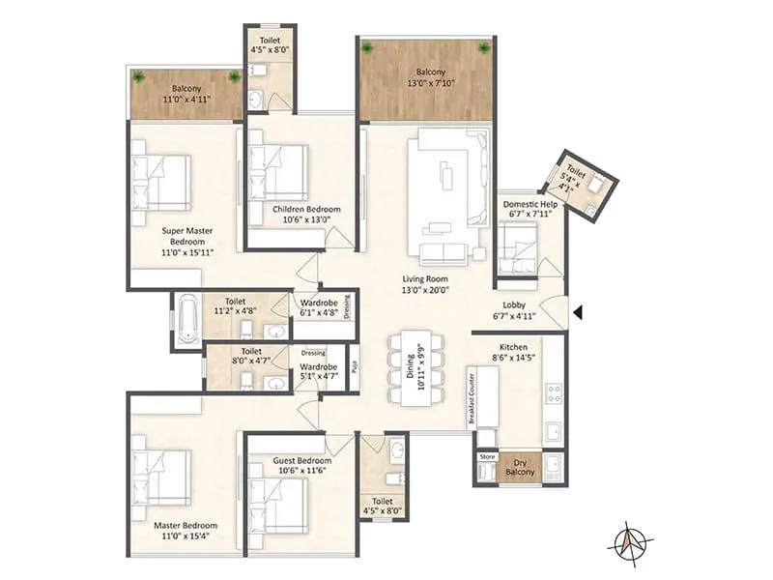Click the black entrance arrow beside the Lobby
[577, 312]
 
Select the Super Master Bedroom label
[186, 242]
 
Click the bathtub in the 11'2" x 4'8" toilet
[186, 316]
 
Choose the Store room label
[486, 457]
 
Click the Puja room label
[354, 367]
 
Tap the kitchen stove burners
[555, 392]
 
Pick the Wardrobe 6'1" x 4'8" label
[317, 306]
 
